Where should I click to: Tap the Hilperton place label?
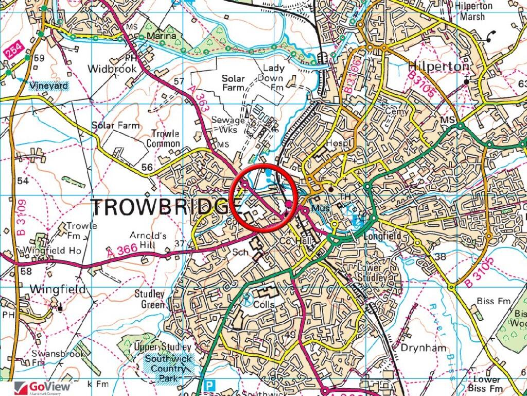438,67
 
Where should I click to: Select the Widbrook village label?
112,69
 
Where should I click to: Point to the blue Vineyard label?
48,86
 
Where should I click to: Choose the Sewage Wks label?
228,125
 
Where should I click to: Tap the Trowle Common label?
165,138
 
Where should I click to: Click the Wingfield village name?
58,289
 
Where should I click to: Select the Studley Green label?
149,299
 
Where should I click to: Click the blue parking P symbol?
208,385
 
